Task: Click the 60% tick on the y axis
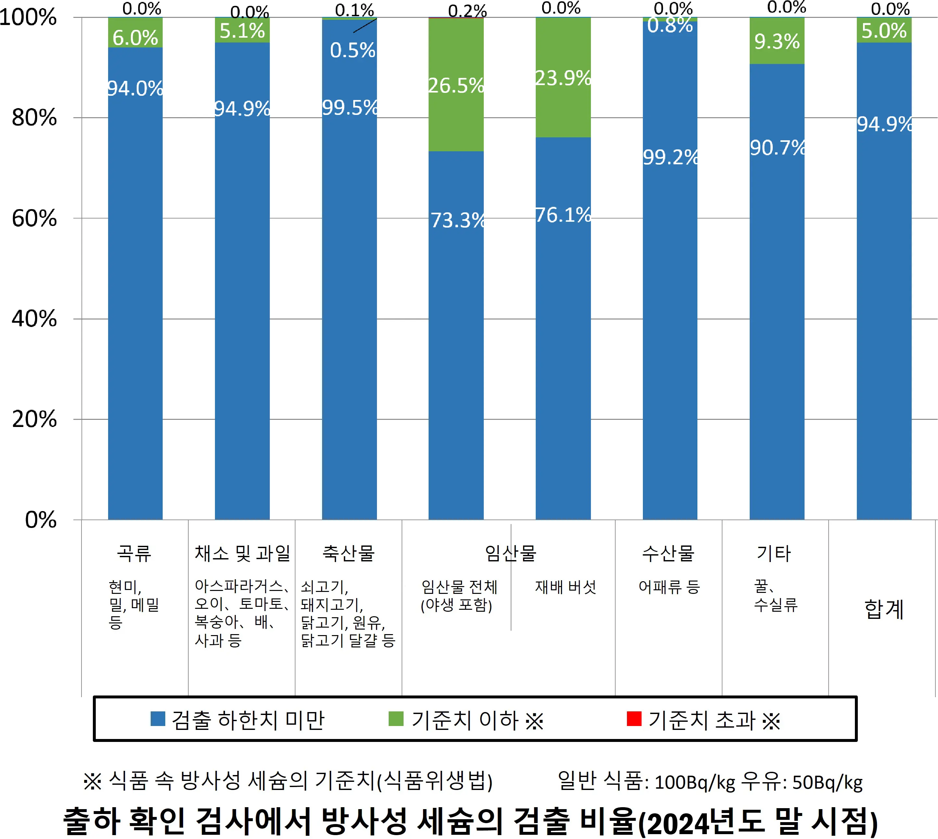pos(34,219)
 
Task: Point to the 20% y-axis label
pos(34,419)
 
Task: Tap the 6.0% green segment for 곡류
pos(135,33)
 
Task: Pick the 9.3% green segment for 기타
pos(777,42)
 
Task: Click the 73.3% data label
pos(457,220)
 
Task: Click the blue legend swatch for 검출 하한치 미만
pos(158,719)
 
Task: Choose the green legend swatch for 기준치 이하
pos(395,719)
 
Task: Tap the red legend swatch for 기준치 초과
pos(634,719)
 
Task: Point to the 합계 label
pos(883,609)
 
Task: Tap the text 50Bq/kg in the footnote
pos(827,782)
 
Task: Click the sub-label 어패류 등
pos(669,587)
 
